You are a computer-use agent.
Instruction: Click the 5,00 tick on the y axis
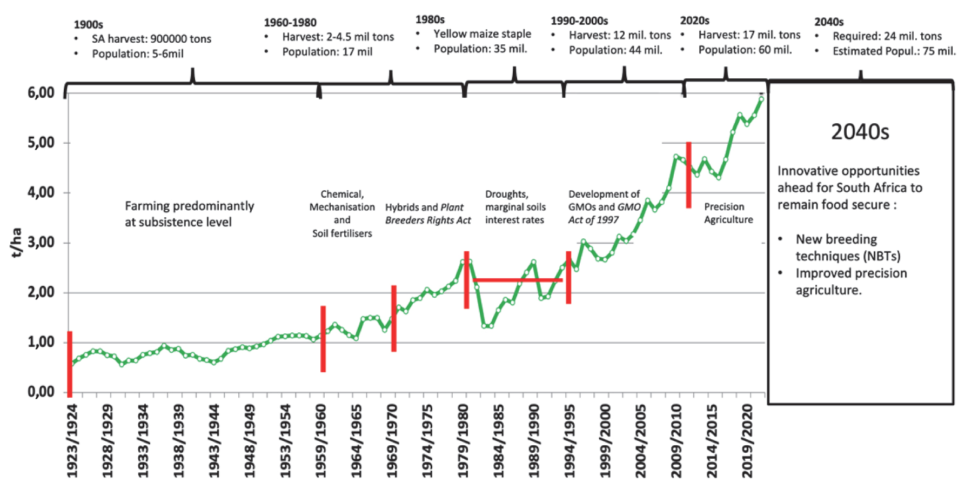41,143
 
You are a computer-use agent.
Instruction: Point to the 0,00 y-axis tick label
41,392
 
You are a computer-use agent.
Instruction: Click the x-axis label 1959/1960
321,441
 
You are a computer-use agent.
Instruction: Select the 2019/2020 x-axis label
747,441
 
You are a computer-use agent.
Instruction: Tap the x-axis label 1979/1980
464,441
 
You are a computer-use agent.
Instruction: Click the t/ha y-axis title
16,242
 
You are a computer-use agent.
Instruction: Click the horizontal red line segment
517,280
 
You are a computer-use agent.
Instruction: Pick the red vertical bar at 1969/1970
394,318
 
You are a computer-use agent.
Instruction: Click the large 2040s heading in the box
860,132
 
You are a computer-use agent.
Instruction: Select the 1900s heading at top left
88,24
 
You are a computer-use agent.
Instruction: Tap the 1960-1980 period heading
290,23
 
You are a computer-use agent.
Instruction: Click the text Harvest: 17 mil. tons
749,35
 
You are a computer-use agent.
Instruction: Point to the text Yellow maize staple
482,34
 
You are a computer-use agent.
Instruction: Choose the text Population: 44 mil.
615,50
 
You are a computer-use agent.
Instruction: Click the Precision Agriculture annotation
728,213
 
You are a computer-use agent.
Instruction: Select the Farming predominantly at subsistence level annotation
189,214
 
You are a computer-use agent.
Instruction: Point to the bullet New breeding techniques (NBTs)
847,247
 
